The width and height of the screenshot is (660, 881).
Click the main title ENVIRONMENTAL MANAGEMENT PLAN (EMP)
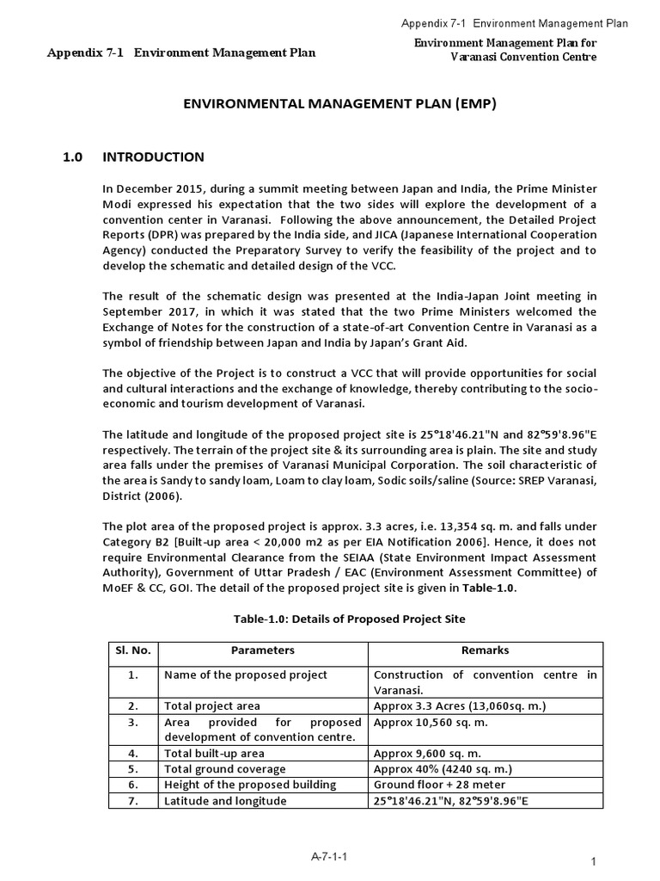(340, 104)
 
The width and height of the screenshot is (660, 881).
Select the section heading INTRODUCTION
(153, 157)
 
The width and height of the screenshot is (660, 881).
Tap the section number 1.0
(72, 157)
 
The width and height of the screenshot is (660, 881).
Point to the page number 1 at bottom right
(594, 862)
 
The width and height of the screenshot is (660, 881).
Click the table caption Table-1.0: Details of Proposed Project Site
(350, 619)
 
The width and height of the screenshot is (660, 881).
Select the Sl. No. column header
(133, 650)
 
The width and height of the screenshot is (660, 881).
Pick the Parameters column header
(263, 650)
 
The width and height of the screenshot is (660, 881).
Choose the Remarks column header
(485, 650)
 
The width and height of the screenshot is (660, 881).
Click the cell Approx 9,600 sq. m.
(427, 753)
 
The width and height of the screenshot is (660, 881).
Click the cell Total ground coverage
(225, 769)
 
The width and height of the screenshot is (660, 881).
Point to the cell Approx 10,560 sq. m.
(431, 722)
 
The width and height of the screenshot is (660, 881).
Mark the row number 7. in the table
(133, 800)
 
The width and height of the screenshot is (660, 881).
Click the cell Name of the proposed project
(246, 675)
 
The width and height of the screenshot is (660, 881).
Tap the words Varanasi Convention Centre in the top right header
(523, 57)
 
